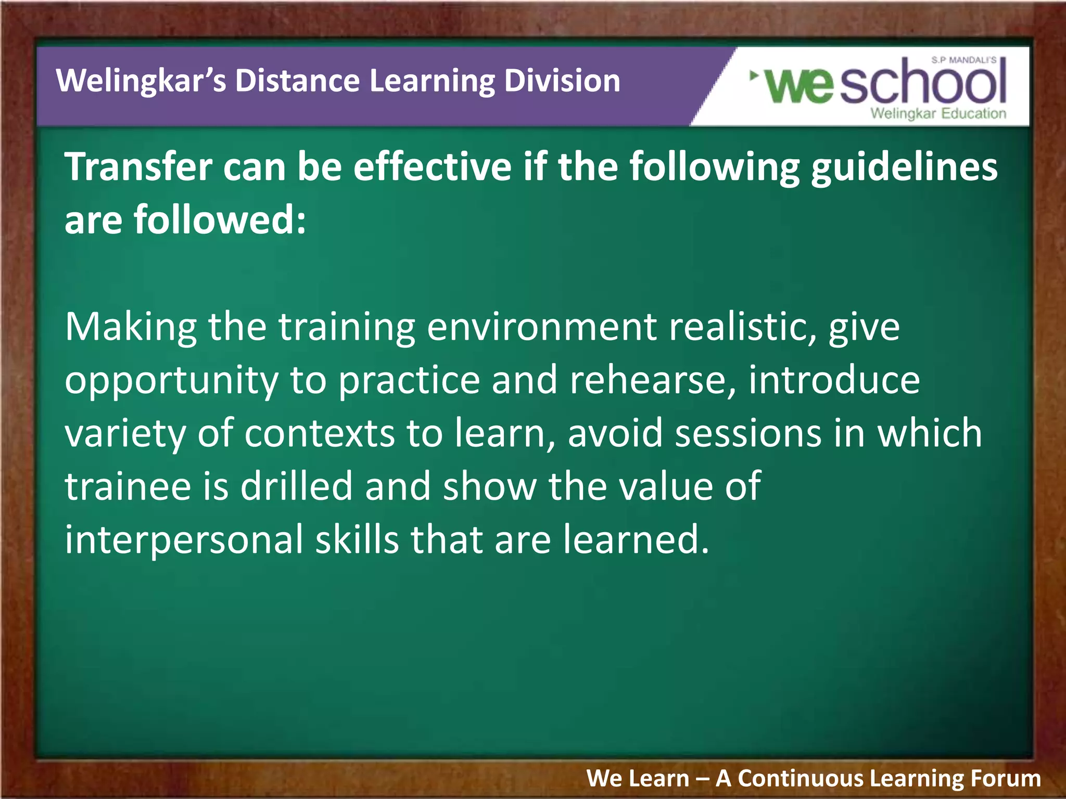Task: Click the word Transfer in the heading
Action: pos(138,167)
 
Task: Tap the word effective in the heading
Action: pos(432,167)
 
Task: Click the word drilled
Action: pos(296,486)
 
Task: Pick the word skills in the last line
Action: pos(357,539)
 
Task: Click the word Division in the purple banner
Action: pos(562,81)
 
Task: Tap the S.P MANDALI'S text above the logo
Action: pos(963,60)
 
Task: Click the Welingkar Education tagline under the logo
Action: pos(938,113)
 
